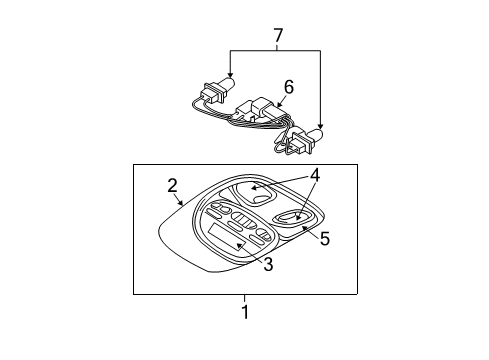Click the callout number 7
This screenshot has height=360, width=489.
tap(278, 36)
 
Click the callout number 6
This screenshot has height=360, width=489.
tap(288, 88)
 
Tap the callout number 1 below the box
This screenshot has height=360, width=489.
tap(244, 312)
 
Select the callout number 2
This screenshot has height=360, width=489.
tap(172, 185)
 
